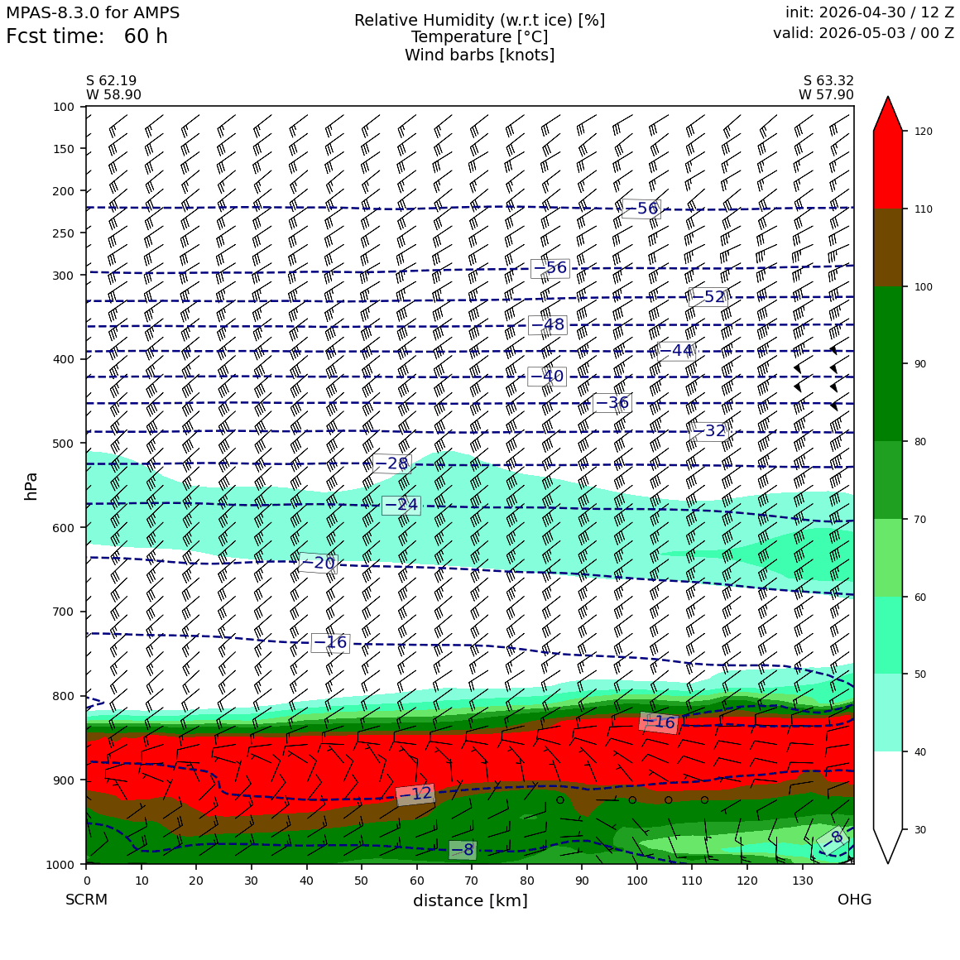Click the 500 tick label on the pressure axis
pos(64,444)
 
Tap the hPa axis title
pos(31,487)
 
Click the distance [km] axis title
pos(470,900)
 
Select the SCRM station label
pos(86,900)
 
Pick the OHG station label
pos(855,900)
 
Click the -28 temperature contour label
pos(391,463)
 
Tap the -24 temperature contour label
pos(401,505)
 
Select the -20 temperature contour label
pos(318,563)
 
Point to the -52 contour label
pos(708,297)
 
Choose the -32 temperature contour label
pos(709,431)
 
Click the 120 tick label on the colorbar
pos(924,131)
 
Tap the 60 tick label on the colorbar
pos(920,597)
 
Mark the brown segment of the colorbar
pos(888,247)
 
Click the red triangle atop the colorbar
pos(888,114)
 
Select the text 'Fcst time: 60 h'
pos(87,36)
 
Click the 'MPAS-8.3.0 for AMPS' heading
pos(93,13)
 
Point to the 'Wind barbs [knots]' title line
pos(479,55)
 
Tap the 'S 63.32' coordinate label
pos(828,81)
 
